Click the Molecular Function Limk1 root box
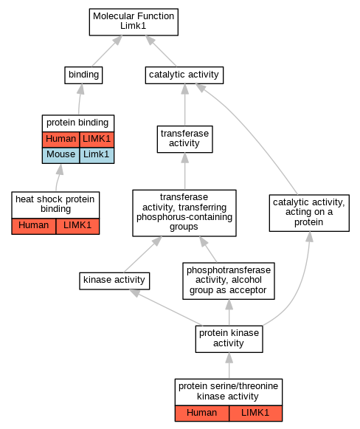(134, 22)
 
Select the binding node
(83, 75)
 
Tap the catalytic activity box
(184, 75)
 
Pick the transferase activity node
(184, 139)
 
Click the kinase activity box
(114, 281)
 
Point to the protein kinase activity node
(229, 339)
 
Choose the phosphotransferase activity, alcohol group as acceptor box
(229, 281)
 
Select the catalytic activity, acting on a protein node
(309, 213)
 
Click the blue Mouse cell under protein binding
(60, 155)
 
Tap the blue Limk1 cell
(97, 155)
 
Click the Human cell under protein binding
(60, 140)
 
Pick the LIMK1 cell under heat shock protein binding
(77, 226)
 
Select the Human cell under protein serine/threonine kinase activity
(202, 413)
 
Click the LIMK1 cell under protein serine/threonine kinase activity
(255, 413)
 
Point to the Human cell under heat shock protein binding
(34, 226)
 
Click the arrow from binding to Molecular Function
(107, 51)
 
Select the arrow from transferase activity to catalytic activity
(184, 105)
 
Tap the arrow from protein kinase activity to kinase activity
(166, 307)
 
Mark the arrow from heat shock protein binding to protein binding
(58, 177)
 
